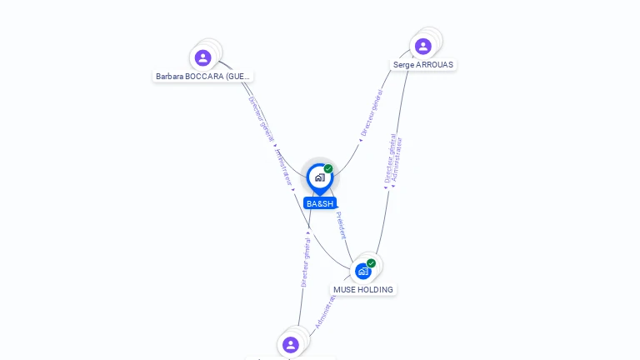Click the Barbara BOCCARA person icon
(x=202, y=57)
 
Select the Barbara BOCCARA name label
(x=202, y=76)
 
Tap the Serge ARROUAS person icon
(x=422, y=46)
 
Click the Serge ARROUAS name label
(x=423, y=64)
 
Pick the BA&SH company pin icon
(x=319, y=177)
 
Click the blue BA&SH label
(x=320, y=203)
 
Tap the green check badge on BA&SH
(x=328, y=169)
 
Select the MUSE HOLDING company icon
(x=363, y=271)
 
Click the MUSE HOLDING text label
(x=363, y=289)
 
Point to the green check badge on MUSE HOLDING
(x=372, y=263)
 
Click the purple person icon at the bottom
(x=290, y=344)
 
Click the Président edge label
(x=341, y=225)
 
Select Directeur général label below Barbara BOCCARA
(x=261, y=120)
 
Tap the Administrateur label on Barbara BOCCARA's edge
(x=283, y=167)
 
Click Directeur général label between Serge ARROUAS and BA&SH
(x=372, y=113)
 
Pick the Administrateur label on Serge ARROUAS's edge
(x=397, y=160)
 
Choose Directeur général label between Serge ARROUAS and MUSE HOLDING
(x=389, y=158)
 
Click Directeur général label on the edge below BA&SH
(x=306, y=262)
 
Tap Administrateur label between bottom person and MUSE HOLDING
(x=326, y=311)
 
